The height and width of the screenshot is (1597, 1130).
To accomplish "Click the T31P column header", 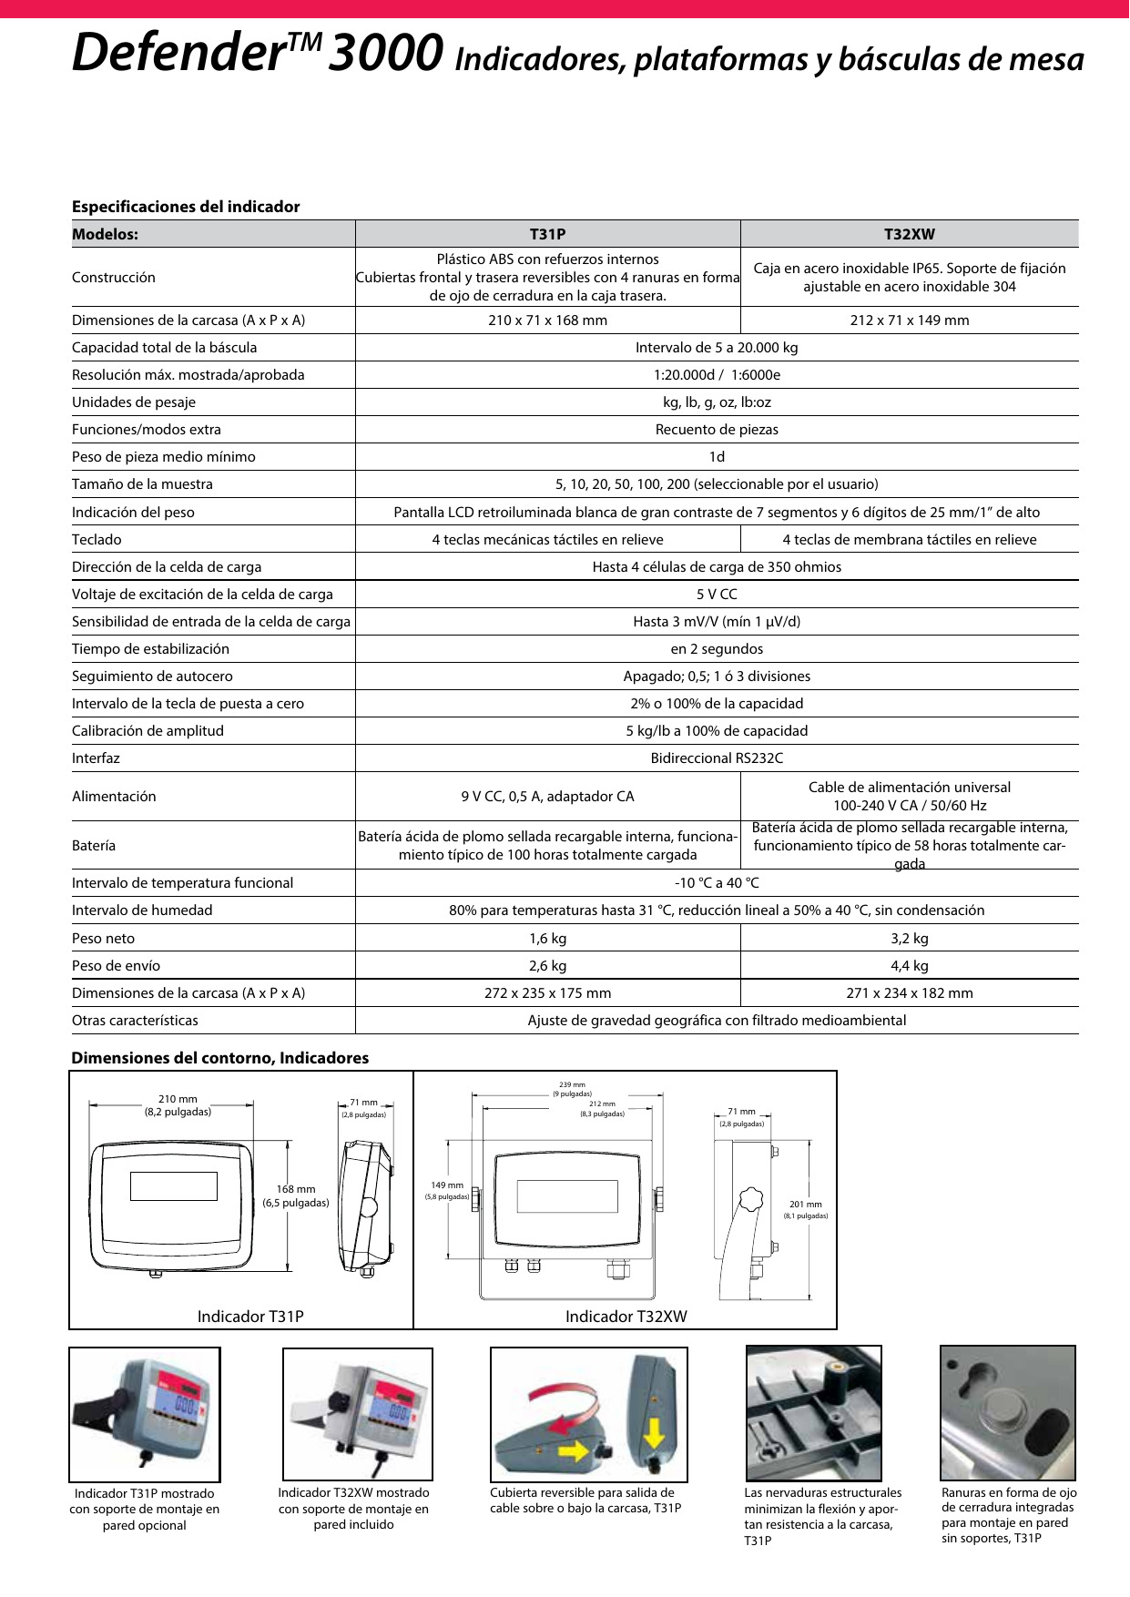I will (547, 234).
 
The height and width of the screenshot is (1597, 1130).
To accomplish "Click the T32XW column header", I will (909, 234).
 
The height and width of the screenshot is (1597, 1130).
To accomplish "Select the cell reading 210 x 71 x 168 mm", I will (547, 320).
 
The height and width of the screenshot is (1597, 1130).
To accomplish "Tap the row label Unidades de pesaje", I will (134, 402).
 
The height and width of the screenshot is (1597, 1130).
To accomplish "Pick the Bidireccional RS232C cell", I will (717, 758).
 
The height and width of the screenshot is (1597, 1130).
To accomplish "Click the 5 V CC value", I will (717, 594).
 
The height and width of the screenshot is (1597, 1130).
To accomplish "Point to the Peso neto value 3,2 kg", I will (909, 938).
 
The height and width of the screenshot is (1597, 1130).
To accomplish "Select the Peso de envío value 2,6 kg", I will (547, 965).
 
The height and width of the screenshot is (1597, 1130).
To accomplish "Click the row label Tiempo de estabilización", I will (150, 648).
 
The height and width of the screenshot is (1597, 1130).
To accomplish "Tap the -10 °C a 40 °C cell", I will (717, 882).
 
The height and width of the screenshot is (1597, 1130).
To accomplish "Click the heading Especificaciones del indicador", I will (186, 207).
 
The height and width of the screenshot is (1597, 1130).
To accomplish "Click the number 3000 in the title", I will (386, 53).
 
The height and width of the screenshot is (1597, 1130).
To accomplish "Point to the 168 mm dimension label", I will (296, 1189).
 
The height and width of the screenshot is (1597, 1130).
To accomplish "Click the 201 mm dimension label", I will (806, 1205).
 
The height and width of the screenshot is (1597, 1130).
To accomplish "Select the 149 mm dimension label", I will (447, 1185).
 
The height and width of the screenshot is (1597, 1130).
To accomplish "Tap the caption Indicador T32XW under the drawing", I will (626, 1316).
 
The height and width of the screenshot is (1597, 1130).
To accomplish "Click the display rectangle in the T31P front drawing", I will (174, 1185).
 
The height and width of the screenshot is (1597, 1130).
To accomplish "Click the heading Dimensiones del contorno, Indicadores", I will (220, 1058).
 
